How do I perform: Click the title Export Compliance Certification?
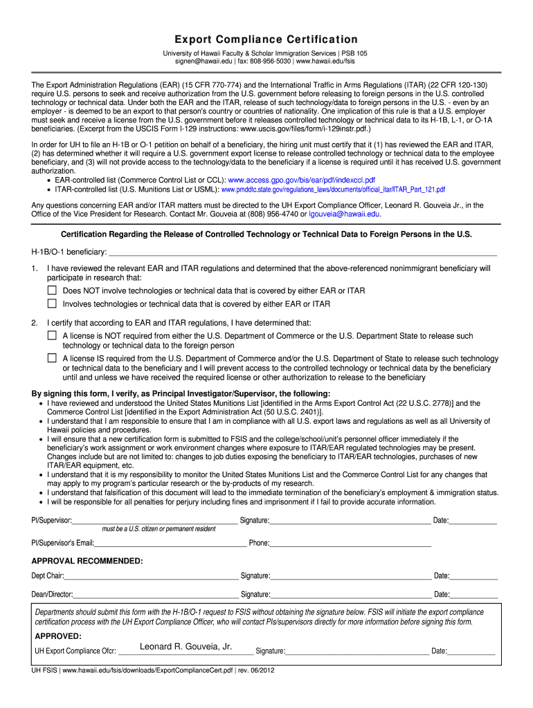click(x=266, y=39)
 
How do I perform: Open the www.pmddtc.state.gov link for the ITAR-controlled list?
click(x=333, y=189)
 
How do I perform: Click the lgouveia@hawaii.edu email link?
click(x=344, y=214)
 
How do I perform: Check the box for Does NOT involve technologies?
click(x=52, y=290)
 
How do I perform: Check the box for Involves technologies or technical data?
click(x=52, y=304)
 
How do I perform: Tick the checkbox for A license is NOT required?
click(x=52, y=335)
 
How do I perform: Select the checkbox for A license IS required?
click(x=52, y=358)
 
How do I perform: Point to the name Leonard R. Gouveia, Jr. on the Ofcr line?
click(x=186, y=647)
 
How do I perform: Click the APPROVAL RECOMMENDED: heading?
click(x=87, y=561)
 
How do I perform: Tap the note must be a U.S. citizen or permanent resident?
click(x=159, y=529)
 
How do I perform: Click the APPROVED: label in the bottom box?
click(x=58, y=635)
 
